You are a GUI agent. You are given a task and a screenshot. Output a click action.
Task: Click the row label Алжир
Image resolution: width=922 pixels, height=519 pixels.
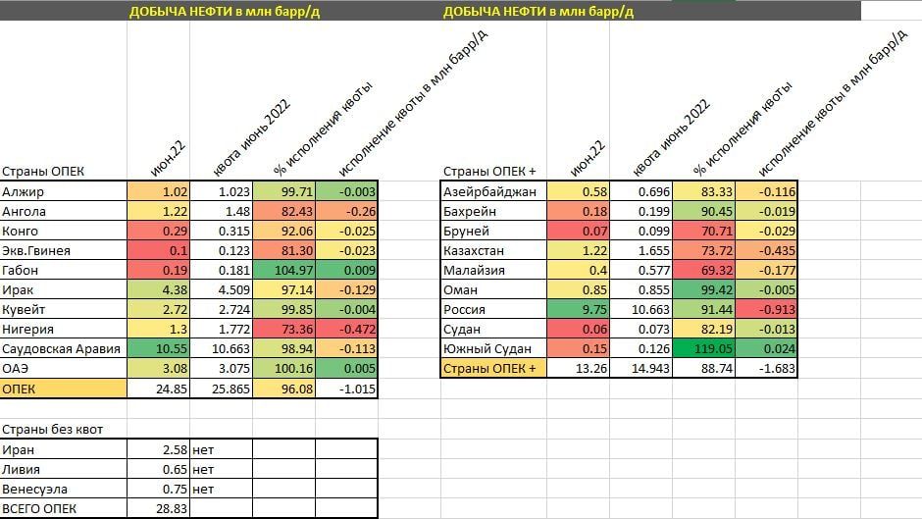(x=24, y=191)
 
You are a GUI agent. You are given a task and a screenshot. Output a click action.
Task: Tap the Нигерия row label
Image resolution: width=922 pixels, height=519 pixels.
(x=28, y=329)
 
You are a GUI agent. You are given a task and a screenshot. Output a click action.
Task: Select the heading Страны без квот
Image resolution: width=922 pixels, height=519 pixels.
(x=53, y=429)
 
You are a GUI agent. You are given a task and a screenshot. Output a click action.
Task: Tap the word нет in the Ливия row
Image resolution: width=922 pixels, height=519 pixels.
(x=204, y=469)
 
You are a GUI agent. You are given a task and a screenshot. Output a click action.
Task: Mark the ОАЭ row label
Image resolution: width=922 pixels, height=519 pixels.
(x=18, y=368)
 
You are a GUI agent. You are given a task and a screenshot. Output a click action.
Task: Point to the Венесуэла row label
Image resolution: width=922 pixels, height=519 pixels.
(x=35, y=489)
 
